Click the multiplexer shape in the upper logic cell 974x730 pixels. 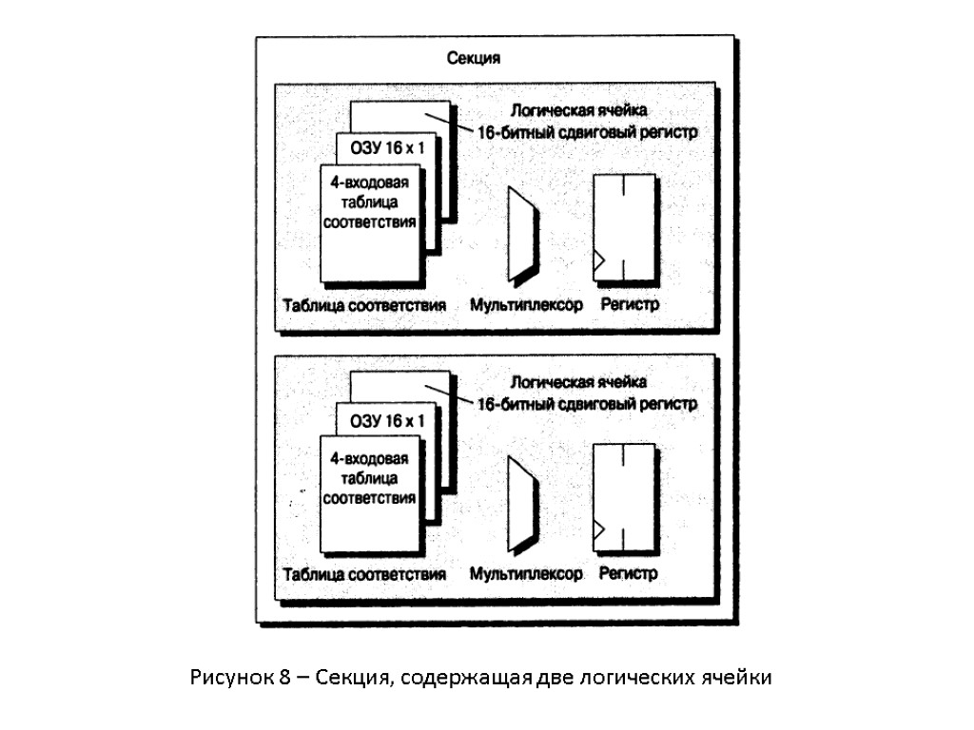coord(522,234)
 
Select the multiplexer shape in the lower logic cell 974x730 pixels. coord(522,505)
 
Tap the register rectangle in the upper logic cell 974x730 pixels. coord(624,226)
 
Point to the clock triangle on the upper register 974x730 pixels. coord(599,259)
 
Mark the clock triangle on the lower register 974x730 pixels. coord(599,528)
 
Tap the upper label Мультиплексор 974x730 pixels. coord(526,305)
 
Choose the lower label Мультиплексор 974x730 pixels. coord(526,574)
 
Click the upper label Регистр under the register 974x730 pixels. coord(629,305)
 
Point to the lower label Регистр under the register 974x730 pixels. coord(629,574)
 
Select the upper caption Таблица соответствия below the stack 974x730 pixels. coord(364,306)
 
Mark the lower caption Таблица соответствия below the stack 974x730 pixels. coord(364,575)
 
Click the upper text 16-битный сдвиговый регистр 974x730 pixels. coord(588,132)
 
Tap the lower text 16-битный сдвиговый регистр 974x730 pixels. coord(587,404)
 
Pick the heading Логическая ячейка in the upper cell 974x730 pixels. coord(579,111)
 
